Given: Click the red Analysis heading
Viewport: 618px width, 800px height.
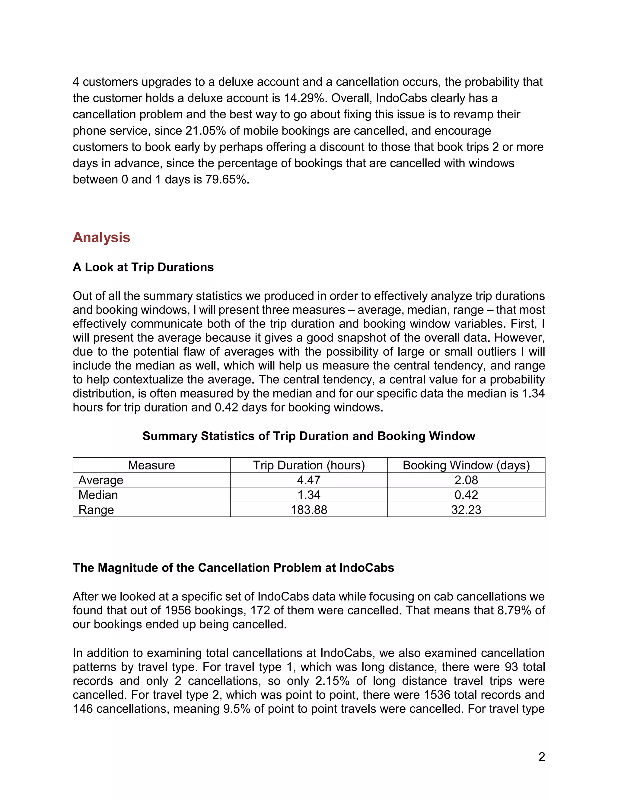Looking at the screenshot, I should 101,237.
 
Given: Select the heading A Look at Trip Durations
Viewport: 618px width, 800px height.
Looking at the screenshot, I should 143,267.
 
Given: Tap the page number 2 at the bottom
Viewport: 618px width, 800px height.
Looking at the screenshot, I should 541,757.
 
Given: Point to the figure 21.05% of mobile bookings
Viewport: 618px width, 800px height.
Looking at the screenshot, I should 206,131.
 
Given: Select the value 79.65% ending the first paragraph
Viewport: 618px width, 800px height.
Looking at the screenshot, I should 226,180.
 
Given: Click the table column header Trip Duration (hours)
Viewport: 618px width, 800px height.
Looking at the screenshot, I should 309,465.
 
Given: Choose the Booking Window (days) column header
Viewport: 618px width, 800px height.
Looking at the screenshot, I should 466,465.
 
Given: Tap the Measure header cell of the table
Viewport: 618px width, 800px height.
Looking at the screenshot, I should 151,465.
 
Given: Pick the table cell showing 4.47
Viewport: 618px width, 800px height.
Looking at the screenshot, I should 309,480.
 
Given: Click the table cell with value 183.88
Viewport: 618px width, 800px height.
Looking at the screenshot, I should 309,510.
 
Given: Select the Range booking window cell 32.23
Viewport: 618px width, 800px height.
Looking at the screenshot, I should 466,510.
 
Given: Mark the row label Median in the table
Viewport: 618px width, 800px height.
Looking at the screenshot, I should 98,495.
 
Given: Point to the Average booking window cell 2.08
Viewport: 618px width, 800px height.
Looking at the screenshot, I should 466,480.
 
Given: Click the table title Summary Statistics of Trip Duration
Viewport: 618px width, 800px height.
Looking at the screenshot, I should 309,436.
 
